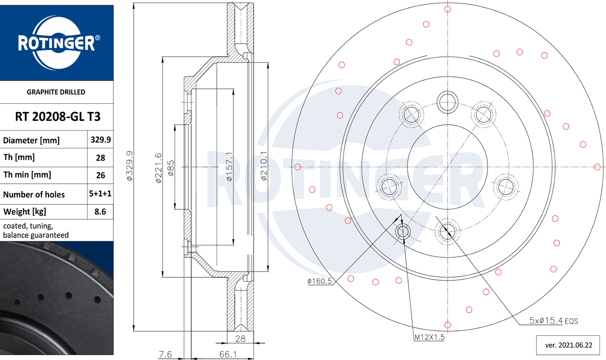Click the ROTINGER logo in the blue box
[x=57, y=43]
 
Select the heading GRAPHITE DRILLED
[x=56, y=92]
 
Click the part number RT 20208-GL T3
[x=57, y=117]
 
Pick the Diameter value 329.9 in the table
[x=101, y=140]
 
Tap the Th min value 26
[x=101, y=175]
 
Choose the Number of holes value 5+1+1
[x=100, y=194]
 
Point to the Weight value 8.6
[x=100, y=212]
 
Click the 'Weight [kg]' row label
[x=25, y=212]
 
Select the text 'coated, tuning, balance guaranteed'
[x=36, y=231]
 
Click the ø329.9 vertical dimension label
[x=129, y=166]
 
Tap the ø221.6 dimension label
[x=158, y=168]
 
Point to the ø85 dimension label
[x=171, y=168]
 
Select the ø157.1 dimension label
[x=229, y=166]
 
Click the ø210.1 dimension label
[x=264, y=166]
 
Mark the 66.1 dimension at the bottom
[x=228, y=354]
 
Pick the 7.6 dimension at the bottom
[x=165, y=354]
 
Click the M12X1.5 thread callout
[x=429, y=337]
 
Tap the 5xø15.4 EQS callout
[x=553, y=321]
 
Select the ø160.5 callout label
[x=319, y=281]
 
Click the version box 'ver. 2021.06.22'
[x=568, y=345]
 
